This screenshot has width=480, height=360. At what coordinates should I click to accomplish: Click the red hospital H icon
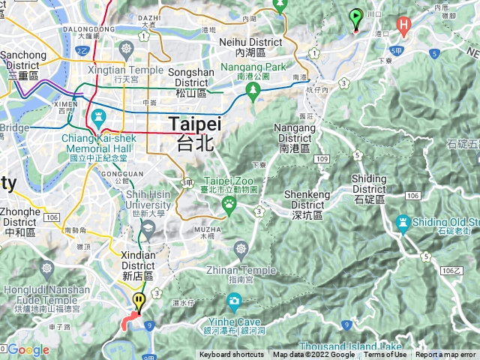point(404,26)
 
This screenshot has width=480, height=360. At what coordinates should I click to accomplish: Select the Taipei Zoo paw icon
point(227,202)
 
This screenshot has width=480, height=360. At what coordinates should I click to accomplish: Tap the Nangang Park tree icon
point(253,90)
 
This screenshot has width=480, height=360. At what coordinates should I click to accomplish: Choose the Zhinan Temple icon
point(241,247)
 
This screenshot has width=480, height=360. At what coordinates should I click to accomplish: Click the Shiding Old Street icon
point(403,222)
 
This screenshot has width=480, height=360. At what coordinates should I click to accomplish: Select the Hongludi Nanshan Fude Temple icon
point(47,268)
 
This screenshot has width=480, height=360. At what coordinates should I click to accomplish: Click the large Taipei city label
point(194,133)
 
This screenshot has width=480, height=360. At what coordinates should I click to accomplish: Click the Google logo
point(28,349)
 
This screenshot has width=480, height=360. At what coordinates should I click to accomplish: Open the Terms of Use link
point(385,355)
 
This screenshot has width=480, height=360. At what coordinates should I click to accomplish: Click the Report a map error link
point(447,355)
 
